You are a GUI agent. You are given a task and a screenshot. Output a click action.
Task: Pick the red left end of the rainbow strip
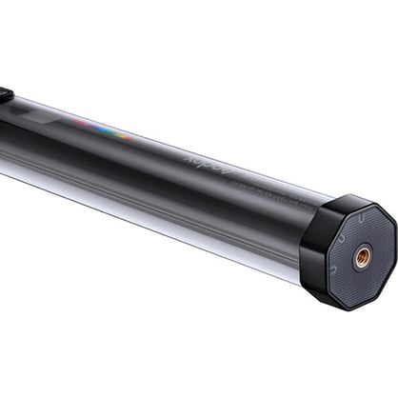[x=75, y=121]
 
